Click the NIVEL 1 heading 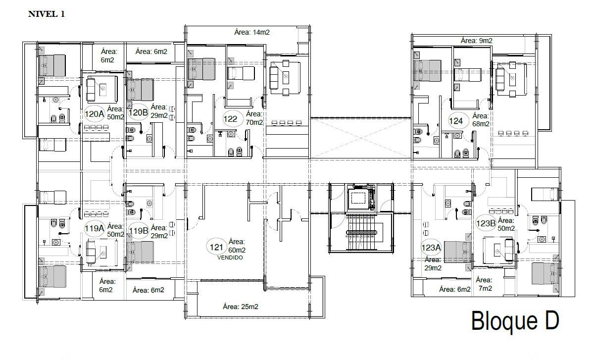tap(47, 14)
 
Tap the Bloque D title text tap(515, 321)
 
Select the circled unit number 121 tap(216, 247)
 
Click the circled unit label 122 tap(230, 119)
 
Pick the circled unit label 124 tap(456, 121)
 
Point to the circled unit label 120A tap(94, 114)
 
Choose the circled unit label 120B tap(138, 112)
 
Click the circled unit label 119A tap(94, 228)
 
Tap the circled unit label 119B tap(139, 231)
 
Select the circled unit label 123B tap(486, 223)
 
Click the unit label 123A tap(431, 248)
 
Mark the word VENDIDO tap(230, 257)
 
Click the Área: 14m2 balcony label tap(252, 33)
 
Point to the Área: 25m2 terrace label tap(241, 307)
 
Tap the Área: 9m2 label tap(477, 41)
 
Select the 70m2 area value tap(254, 122)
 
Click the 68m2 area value tap(481, 124)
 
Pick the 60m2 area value tap(237, 251)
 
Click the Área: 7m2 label tap(484, 284)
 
